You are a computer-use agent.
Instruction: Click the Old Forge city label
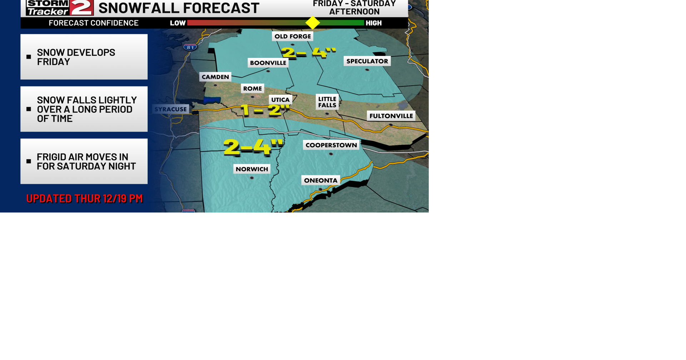pyautogui.click(x=293, y=36)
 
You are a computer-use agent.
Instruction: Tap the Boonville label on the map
pyautogui.click(x=268, y=63)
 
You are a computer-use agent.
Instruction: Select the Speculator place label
pyautogui.click(x=367, y=61)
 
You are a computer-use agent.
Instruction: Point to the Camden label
pyautogui.click(x=215, y=77)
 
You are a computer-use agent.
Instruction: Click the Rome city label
pyautogui.click(x=252, y=88)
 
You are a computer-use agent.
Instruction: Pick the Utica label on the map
pyautogui.click(x=280, y=100)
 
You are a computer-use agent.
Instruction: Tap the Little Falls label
pyautogui.click(x=327, y=102)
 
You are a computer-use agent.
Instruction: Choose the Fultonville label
pyautogui.click(x=391, y=116)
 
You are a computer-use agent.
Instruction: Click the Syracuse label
pyautogui.click(x=170, y=109)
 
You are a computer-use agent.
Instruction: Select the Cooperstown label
pyautogui.click(x=331, y=145)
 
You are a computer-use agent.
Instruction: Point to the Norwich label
pyautogui.click(x=252, y=169)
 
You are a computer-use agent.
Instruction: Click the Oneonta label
pyautogui.click(x=320, y=180)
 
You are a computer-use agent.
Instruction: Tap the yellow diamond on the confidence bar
pyautogui.click(x=313, y=23)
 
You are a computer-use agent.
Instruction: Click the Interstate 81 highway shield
pyautogui.click(x=190, y=47)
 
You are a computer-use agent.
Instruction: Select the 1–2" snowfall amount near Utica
pyautogui.click(x=264, y=110)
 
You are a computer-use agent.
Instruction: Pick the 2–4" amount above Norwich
pyautogui.click(x=253, y=147)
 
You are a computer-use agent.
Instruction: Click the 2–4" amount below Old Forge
pyautogui.click(x=308, y=52)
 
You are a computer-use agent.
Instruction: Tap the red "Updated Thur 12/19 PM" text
pyautogui.click(x=85, y=199)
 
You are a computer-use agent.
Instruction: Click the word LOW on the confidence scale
pyautogui.click(x=178, y=23)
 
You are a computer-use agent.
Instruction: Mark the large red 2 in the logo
pyautogui.click(x=82, y=7)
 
